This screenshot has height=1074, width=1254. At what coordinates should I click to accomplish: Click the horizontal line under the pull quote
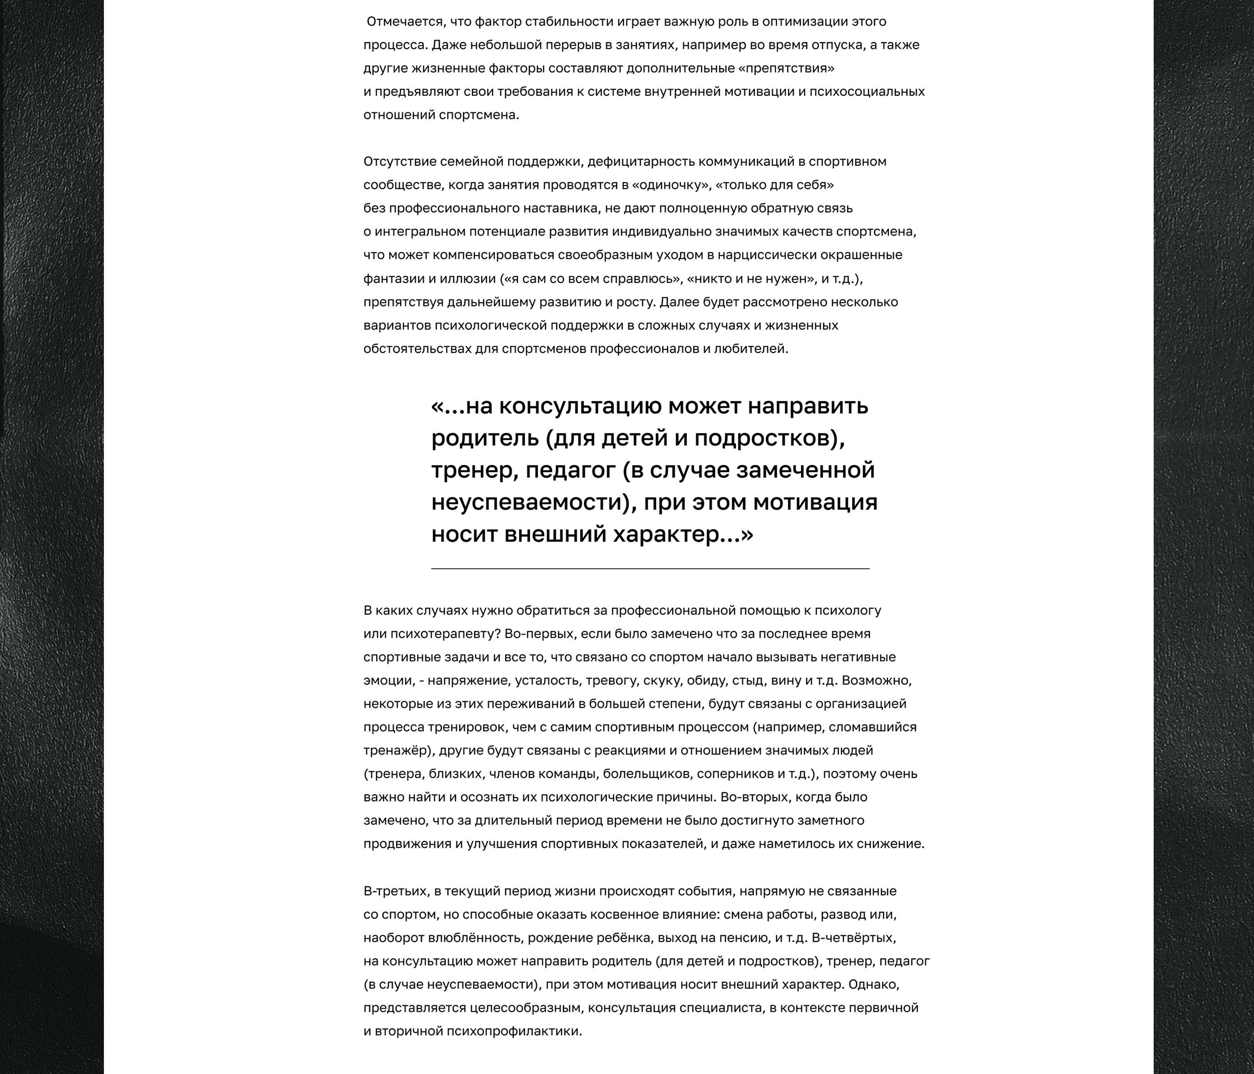pyautogui.click(x=650, y=569)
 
